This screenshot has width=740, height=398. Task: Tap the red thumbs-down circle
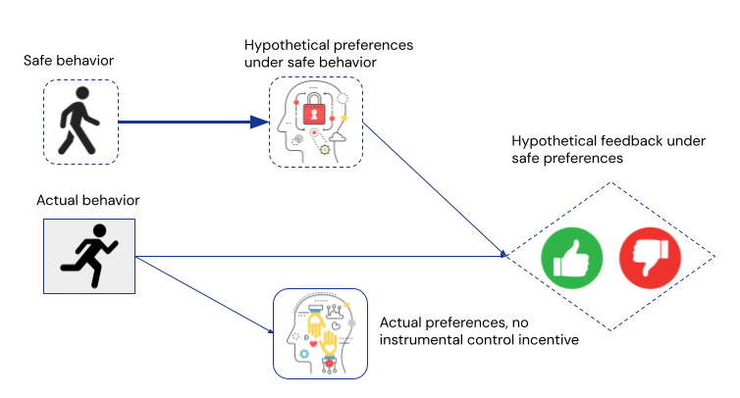pos(649,256)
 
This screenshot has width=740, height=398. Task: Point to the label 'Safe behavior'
pos(69,61)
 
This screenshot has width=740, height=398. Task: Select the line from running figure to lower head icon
pos(204,294)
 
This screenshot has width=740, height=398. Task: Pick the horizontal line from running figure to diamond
pos(324,257)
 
